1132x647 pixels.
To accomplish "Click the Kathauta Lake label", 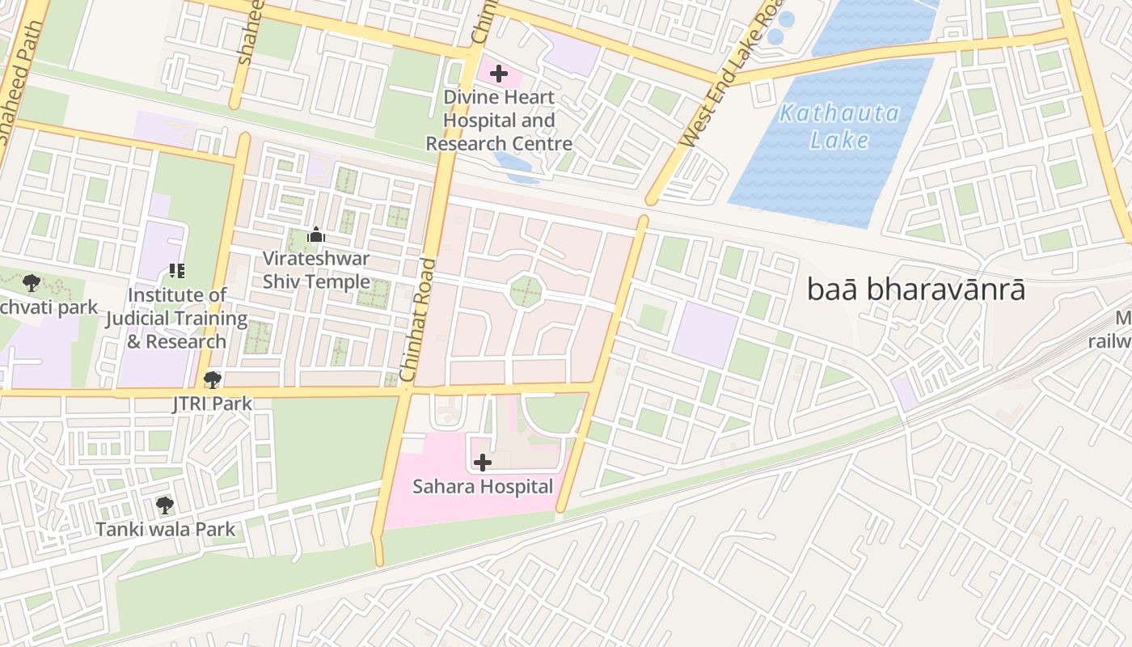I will tap(838, 126).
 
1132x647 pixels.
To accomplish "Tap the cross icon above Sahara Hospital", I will tap(483, 463).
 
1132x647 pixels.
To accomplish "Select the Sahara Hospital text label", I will tap(483, 486).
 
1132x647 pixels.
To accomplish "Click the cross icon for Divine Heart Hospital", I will tap(499, 74).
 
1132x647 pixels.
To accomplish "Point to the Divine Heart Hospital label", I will tap(499, 121).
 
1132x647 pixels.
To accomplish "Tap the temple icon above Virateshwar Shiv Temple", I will tap(316, 235).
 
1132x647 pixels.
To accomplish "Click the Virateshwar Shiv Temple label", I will tap(316, 270).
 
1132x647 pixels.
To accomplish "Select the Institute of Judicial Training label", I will tap(176, 318).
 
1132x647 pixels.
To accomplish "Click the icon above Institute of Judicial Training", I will tap(176, 271).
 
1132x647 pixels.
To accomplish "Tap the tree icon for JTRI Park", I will tap(213, 379).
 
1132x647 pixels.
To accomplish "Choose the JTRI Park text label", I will tap(213, 403).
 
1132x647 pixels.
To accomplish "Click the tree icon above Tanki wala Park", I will tap(165, 505).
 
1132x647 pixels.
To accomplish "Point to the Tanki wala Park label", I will tap(166, 529).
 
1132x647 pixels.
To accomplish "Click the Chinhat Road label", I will tap(417, 320).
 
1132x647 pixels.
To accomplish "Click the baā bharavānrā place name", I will tap(916, 290).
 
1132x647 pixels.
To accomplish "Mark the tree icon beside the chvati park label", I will tap(32, 282).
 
